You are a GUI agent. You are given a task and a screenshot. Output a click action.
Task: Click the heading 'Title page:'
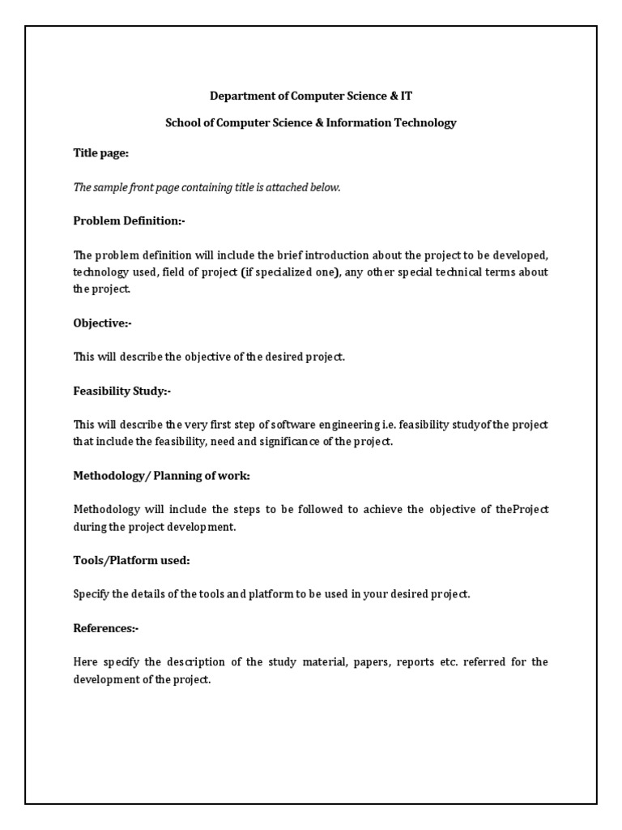(101, 152)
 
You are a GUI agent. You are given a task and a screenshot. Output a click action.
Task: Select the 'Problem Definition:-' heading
(130, 220)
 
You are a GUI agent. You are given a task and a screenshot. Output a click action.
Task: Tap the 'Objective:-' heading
(102, 323)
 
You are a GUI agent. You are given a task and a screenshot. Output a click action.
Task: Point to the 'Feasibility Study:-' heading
(122, 391)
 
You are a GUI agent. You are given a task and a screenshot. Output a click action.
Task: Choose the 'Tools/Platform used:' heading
(131, 560)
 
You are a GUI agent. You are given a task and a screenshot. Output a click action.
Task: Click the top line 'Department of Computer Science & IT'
(311, 96)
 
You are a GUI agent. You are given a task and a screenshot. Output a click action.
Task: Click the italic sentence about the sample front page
(207, 187)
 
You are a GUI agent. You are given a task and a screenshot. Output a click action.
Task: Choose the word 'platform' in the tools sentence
(258, 594)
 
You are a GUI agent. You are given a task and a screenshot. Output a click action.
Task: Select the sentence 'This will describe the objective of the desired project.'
(209, 357)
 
